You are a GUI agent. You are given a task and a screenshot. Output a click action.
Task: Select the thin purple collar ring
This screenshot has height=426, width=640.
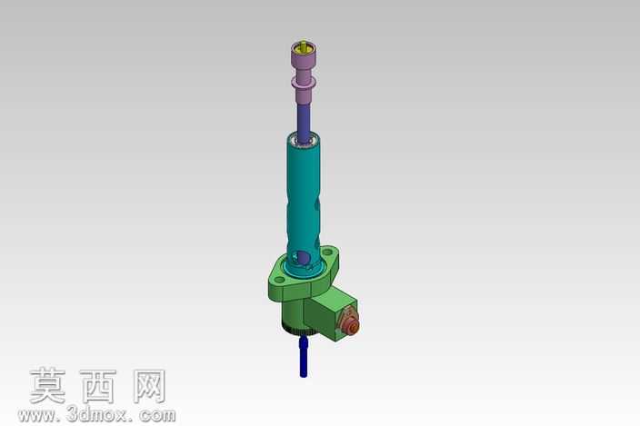(x=303, y=83)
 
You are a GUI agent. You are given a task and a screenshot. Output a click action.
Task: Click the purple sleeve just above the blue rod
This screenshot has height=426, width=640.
(x=304, y=95)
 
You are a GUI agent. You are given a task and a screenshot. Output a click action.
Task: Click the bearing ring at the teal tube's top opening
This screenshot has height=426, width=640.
(x=304, y=140)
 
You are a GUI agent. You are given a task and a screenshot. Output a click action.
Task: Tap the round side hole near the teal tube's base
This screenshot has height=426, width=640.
(x=303, y=257)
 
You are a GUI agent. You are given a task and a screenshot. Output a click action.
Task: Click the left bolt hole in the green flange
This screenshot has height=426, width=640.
(x=279, y=279)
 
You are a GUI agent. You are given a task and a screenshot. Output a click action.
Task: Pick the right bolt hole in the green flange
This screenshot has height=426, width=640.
(x=328, y=252)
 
